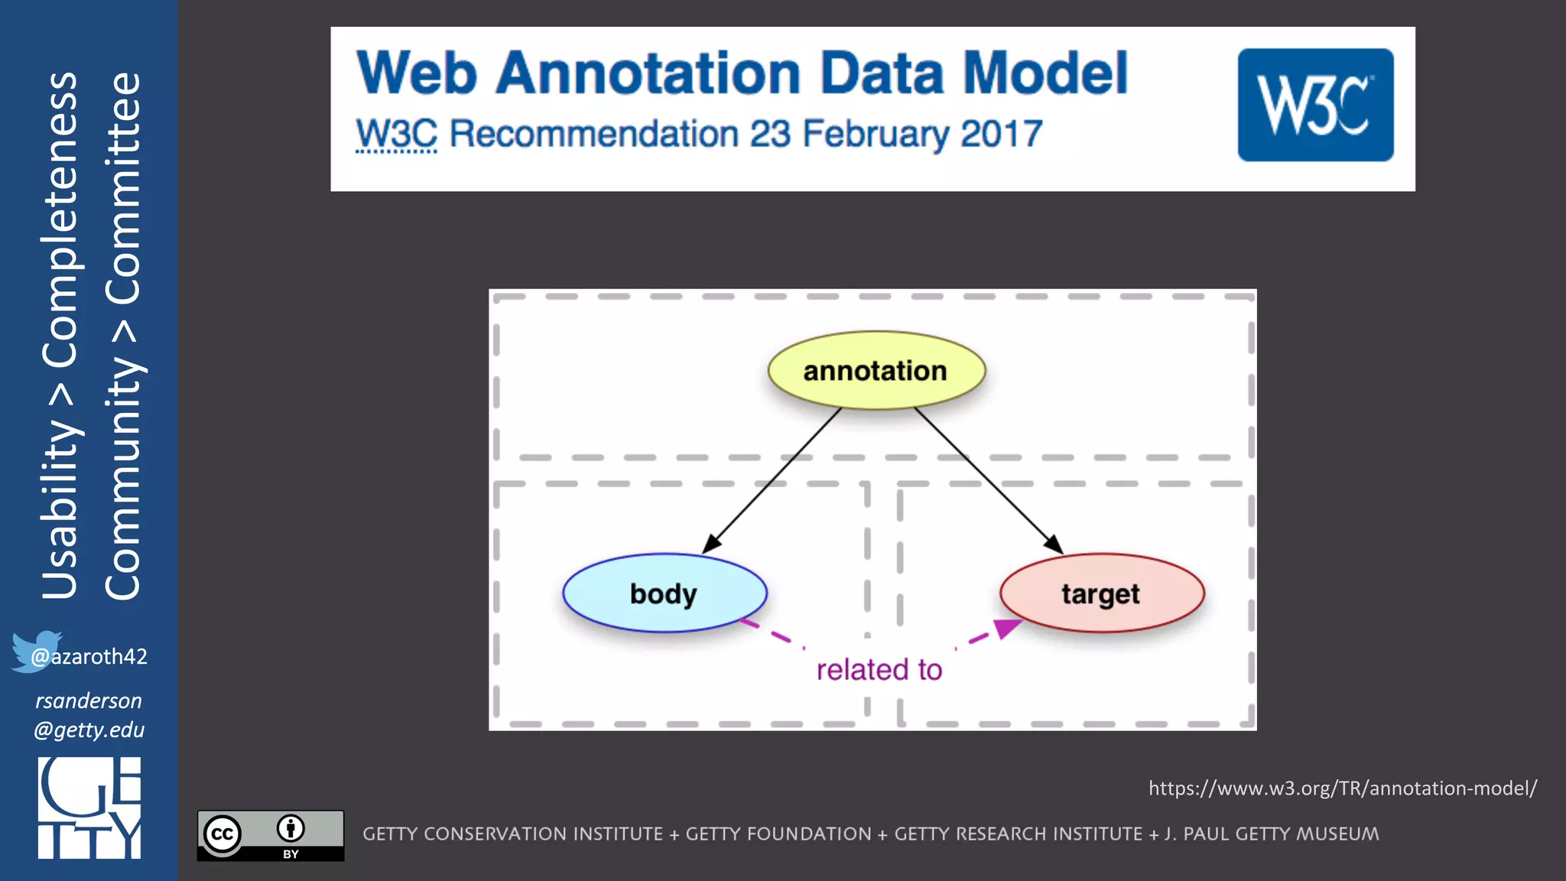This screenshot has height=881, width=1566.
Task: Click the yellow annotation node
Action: (x=876, y=371)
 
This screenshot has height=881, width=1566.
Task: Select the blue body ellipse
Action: (x=664, y=593)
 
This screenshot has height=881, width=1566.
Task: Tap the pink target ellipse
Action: (x=1101, y=593)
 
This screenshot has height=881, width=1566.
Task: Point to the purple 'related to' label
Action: (x=879, y=670)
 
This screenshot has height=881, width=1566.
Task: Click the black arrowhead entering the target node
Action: (x=1054, y=545)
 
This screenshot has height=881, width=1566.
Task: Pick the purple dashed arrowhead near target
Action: (x=1007, y=628)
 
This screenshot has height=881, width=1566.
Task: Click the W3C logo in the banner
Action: (x=1315, y=105)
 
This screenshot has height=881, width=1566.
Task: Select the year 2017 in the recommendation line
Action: (x=1001, y=135)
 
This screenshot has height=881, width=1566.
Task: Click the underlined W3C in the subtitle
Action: (x=396, y=135)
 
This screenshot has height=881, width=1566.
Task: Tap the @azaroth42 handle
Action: (x=89, y=656)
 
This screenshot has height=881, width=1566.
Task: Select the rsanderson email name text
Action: (x=89, y=701)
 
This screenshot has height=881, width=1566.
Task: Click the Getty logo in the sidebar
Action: (x=89, y=808)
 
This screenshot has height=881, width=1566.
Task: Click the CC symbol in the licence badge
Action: (x=223, y=834)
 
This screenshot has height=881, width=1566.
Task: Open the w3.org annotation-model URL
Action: (x=1342, y=788)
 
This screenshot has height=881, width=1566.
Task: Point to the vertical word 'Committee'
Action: (x=124, y=187)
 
